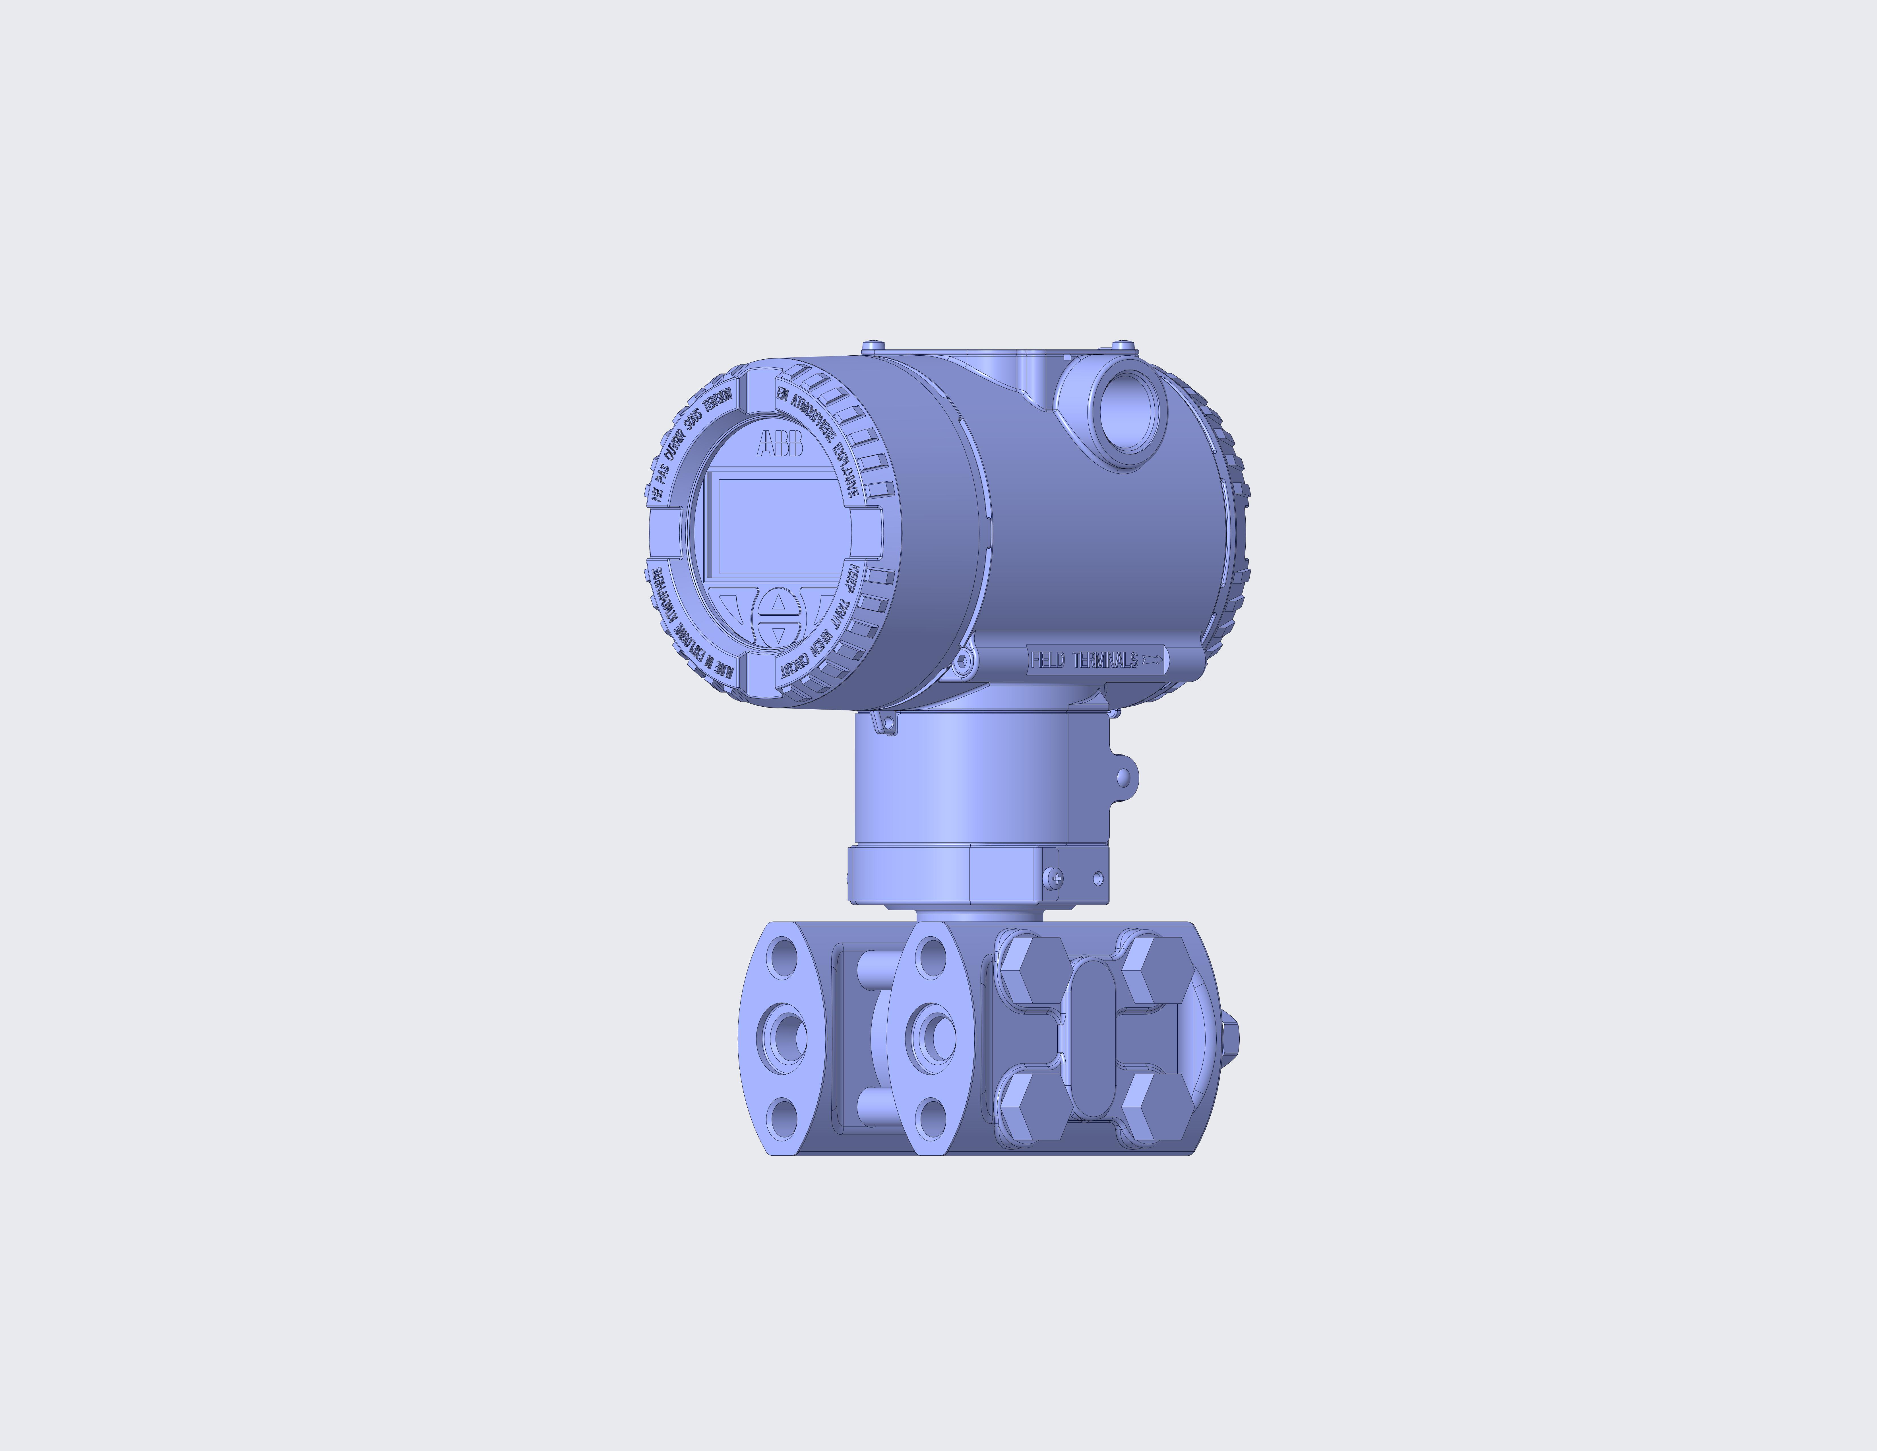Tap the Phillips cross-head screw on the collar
(x=1056, y=878)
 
